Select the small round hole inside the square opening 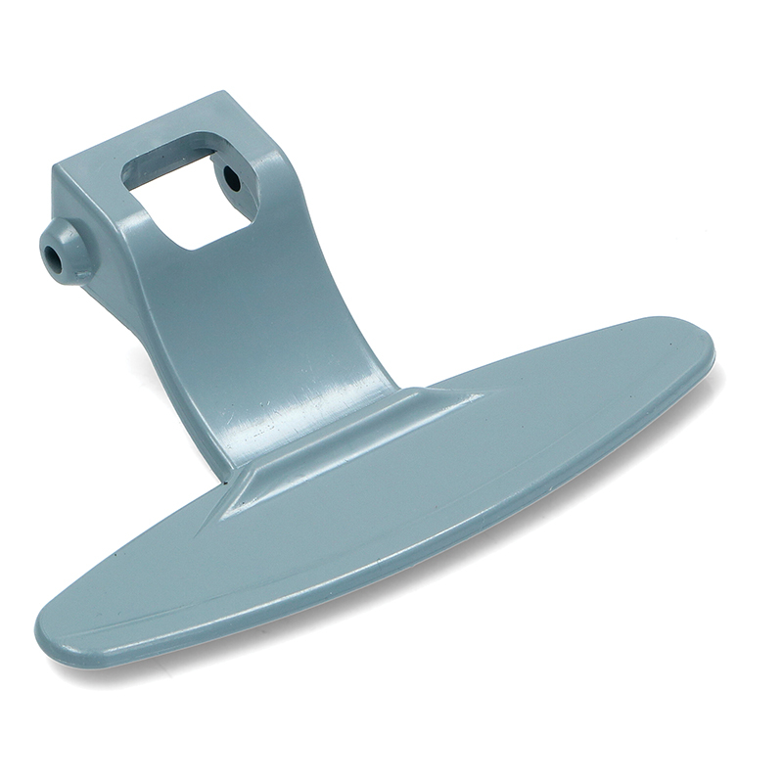point(232,179)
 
